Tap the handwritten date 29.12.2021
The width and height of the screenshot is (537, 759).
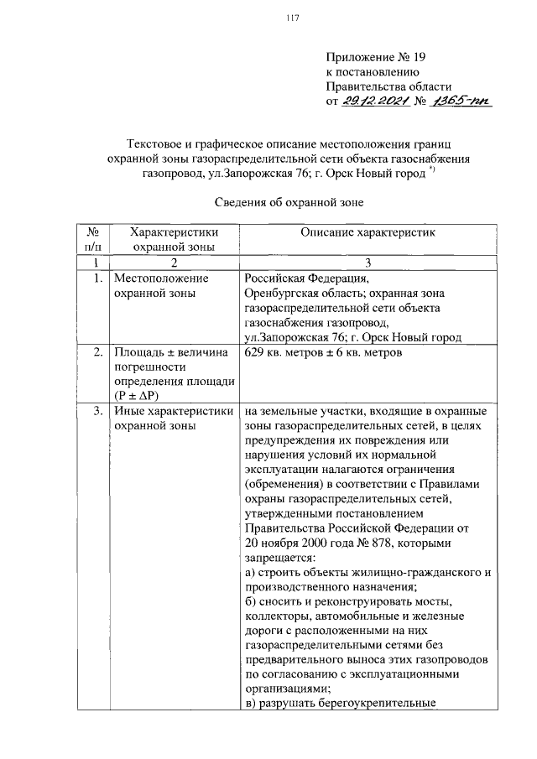(377, 102)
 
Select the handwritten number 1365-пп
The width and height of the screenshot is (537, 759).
(460, 102)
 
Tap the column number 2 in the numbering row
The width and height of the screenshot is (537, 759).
(175, 263)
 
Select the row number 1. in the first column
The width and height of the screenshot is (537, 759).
(99, 278)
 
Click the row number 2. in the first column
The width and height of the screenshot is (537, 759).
(99, 352)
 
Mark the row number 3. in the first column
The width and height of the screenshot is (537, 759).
(99, 411)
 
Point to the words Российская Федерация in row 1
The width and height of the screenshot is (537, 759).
(305, 278)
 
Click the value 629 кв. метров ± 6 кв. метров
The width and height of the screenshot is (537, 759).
(324, 352)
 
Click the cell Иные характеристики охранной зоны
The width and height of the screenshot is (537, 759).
(172, 418)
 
